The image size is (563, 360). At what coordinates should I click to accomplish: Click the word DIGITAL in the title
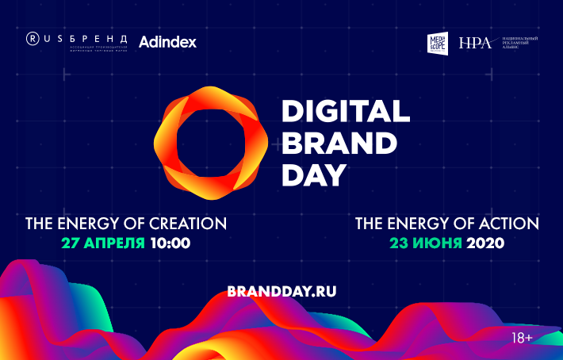tap(347, 111)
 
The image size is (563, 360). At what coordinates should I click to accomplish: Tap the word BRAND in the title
tap(339, 143)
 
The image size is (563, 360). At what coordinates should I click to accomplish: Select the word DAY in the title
tap(315, 174)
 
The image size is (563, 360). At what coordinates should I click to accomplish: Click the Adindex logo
tap(167, 41)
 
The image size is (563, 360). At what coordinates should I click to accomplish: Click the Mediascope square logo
tap(439, 43)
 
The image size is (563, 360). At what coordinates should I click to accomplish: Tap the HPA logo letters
tap(475, 44)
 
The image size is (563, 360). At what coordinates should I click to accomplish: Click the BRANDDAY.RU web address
tap(281, 291)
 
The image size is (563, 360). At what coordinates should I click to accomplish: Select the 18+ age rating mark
tap(522, 339)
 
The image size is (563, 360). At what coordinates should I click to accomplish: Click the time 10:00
tap(170, 243)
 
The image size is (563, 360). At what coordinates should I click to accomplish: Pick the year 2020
tap(486, 243)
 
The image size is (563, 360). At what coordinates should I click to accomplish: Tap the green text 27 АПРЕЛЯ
tap(103, 243)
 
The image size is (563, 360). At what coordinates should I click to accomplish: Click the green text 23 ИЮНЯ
tap(426, 243)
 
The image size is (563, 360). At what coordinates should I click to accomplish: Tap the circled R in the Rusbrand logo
tap(33, 37)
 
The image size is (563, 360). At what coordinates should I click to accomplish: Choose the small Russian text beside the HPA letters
tap(519, 43)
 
